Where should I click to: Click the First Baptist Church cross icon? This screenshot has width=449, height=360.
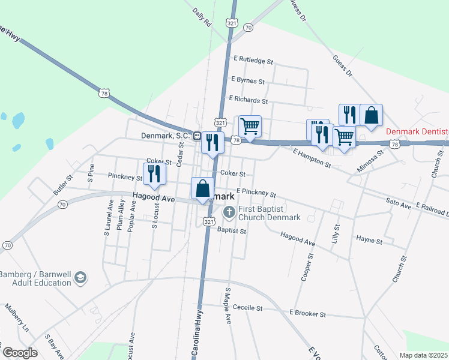pyautogui.click(x=229, y=212)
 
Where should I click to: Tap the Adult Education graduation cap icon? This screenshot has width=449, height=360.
pyautogui.click(x=80, y=278)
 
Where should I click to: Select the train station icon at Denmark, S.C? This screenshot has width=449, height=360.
pyautogui.click(x=196, y=136)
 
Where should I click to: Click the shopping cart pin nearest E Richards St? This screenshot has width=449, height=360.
pyautogui.click(x=250, y=126)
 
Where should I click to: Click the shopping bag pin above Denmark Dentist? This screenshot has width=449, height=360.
pyautogui.click(x=372, y=115)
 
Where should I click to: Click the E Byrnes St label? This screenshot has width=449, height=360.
pyautogui.click(x=247, y=80)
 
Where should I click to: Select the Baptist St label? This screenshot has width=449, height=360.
pyautogui.click(x=232, y=230)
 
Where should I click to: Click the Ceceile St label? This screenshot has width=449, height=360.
pyautogui.click(x=248, y=308)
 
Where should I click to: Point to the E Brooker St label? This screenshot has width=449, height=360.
pyautogui.click(x=307, y=314)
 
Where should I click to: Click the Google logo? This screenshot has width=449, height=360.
pyautogui.click(x=19, y=352)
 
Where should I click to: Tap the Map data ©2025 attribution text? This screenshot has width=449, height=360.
pyautogui.click(x=423, y=355)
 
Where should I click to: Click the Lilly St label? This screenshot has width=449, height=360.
pyautogui.click(x=336, y=233)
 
